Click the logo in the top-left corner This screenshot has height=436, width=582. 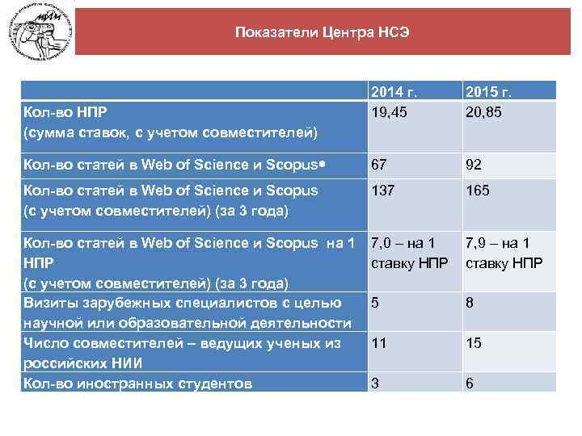38,36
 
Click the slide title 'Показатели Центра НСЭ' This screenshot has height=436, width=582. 323,33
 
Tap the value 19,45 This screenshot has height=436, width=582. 389,112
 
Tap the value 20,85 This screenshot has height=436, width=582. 483,112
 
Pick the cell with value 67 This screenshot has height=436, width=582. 379,165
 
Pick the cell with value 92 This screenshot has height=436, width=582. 473,165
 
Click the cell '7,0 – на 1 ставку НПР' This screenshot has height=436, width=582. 402,254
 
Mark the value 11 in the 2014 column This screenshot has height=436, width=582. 378,343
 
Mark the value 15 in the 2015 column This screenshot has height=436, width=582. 473,343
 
